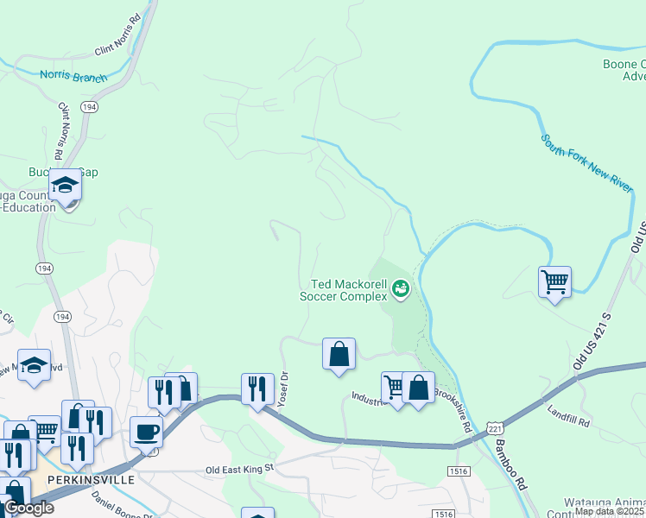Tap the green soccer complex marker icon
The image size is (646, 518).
[x=401, y=288]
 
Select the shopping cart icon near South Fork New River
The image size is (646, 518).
[x=554, y=281]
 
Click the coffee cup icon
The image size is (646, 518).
[x=146, y=431]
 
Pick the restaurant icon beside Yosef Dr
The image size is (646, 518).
[x=256, y=388]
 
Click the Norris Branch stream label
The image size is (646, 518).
[x=73, y=76]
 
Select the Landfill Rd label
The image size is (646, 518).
[x=567, y=417]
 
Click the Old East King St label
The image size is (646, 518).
[x=239, y=469]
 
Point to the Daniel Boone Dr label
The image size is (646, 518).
[x=117, y=502]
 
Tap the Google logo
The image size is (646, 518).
[x=28, y=508]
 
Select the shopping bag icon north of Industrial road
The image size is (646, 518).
[x=339, y=354]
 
